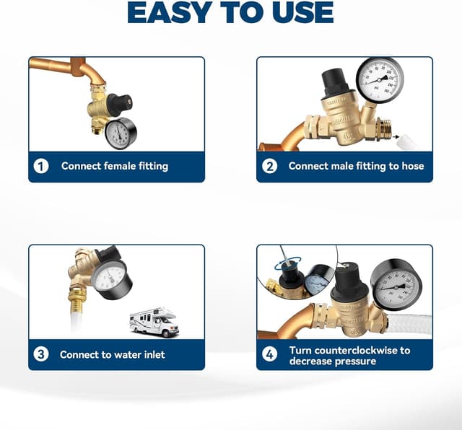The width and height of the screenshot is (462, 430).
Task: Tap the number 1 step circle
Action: (41, 166)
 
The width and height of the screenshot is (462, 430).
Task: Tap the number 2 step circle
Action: (269, 166)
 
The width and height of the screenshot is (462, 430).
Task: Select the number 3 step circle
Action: (41, 354)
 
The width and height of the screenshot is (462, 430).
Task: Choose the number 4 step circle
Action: (269, 354)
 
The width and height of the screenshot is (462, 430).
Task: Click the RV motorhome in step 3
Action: (154, 322)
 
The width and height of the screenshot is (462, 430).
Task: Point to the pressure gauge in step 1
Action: (121, 133)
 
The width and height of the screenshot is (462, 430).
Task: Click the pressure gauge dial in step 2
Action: (380, 80)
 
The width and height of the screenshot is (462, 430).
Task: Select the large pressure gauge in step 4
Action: (396, 285)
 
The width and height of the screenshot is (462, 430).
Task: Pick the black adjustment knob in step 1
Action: (119, 105)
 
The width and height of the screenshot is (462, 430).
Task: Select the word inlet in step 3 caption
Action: (152, 354)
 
